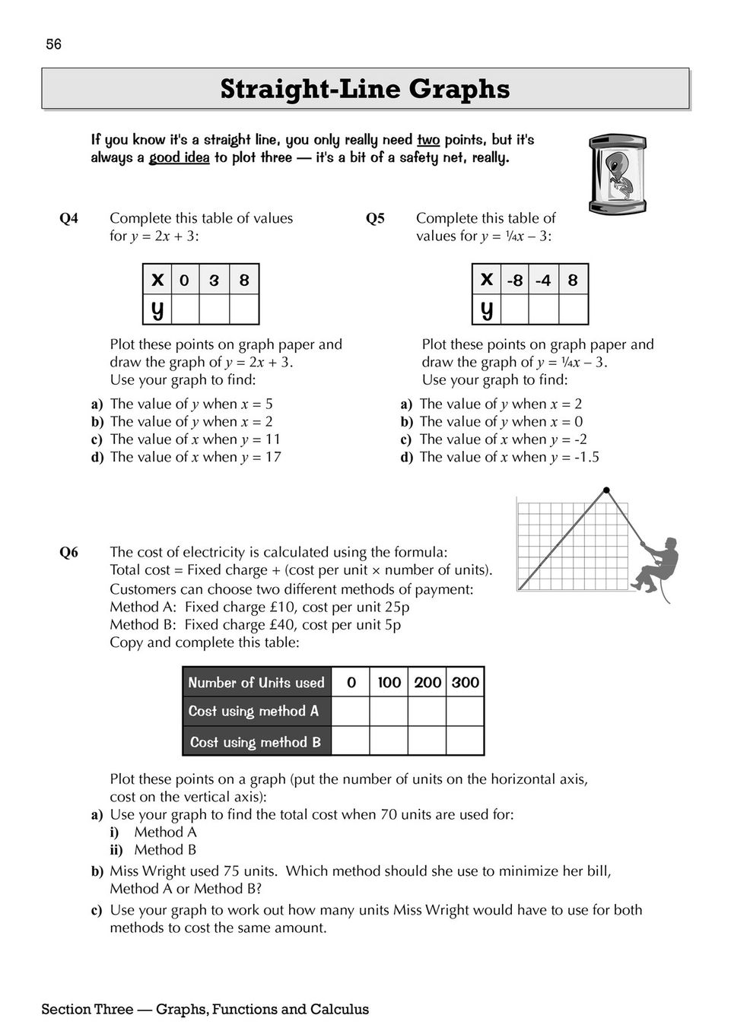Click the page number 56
[53, 45]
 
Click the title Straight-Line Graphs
[365, 89]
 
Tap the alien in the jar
[618, 174]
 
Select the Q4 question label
[69, 219]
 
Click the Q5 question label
[376, 219]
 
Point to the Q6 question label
[69, 553]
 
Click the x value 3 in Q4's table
[214, 280]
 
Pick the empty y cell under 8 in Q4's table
[244, 309]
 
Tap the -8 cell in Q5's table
[515, 280]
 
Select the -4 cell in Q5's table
[543, 280]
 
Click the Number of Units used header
[256, 683]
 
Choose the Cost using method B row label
[256, 741]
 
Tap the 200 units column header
[427, 683]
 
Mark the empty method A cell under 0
[351, 712]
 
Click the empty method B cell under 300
[465, 741]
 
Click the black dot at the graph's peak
[606, 490]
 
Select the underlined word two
[428, 140]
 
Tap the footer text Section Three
[85, 1010]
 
